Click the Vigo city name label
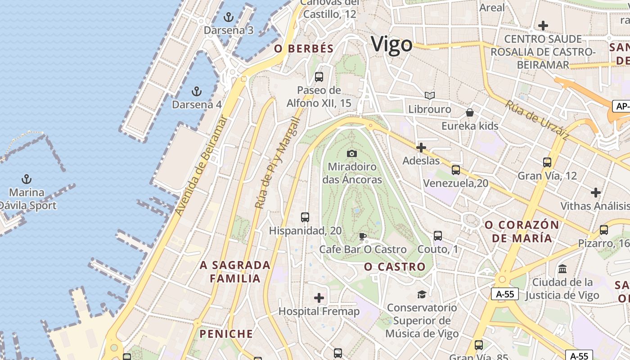click(391, 45)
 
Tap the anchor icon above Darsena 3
click(229, 18)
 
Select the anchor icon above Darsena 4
click(196, 91)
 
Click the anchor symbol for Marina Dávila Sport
click(27, 179)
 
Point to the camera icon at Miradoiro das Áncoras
click(352, 154)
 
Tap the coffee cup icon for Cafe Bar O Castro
click(363, 236)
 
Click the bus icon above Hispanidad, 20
click(305, 217)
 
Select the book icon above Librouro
click(430, 95)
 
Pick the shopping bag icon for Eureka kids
click(470, 112)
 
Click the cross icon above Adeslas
click(421, 148)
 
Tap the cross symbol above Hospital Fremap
click(319, 297)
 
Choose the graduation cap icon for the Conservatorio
click(422, 294)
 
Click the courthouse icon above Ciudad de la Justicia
click(562, 269)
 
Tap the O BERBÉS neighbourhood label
click(304, 49)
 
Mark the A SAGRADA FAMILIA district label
click(235, 272)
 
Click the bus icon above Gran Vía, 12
click(547, 162)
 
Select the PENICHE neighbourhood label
click(226, 334)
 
